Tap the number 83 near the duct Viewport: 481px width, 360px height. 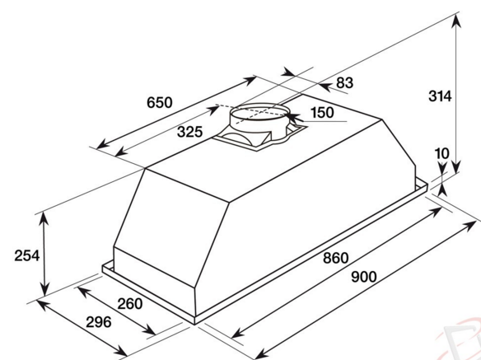[344, 82]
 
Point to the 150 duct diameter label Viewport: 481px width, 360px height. [321, 113]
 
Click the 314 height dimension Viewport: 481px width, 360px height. [441, 97]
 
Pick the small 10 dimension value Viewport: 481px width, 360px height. [443, 153]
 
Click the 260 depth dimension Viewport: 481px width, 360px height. [129, 303]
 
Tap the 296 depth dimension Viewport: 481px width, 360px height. [99, 321]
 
